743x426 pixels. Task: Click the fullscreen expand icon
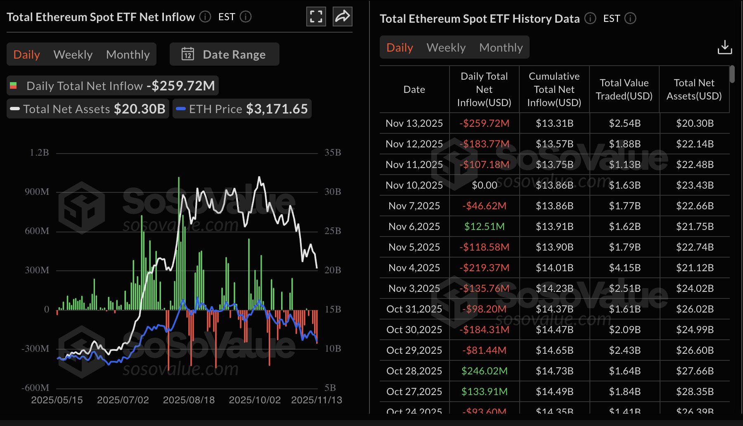[316, 17]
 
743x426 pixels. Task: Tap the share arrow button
[342, 17]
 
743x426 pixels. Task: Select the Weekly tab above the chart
[73, 54]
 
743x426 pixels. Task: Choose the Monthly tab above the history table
[501, 47]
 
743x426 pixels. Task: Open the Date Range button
[225, 54]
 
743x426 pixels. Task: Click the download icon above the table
[724, 47]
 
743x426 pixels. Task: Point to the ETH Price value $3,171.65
[277, 109]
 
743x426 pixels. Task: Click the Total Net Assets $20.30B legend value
[139, 109]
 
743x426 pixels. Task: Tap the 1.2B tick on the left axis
[39, 153]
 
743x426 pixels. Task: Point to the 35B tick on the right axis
[333, 153]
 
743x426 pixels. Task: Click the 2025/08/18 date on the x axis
[189, 400]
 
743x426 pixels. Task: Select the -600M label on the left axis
[35, 388]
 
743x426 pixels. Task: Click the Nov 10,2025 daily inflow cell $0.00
[484, 185]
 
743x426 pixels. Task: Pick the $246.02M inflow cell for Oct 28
[484, 371]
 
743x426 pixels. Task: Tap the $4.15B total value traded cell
[625, 268]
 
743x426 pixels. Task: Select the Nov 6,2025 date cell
[414, 227]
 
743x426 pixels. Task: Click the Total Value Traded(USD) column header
[624, 90]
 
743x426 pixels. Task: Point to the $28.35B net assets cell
[695, 392]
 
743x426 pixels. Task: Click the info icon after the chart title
[205, 17]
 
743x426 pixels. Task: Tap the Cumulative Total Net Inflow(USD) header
[554, 90]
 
